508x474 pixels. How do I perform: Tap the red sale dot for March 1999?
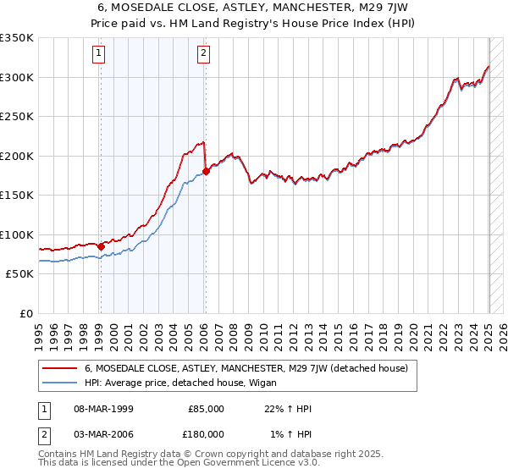[101, 246]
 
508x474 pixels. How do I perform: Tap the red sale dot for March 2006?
[206, 172]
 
